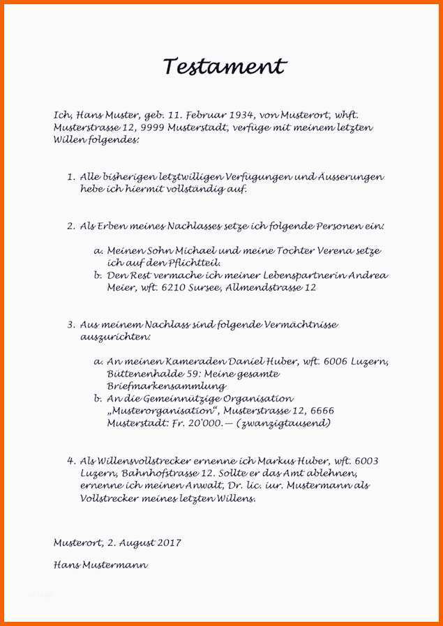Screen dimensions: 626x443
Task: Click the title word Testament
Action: [225, 67]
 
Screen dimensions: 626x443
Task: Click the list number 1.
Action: [70, 177]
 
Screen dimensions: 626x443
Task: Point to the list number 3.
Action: [70, 325]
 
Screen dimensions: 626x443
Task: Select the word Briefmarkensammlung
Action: [166, 385]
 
